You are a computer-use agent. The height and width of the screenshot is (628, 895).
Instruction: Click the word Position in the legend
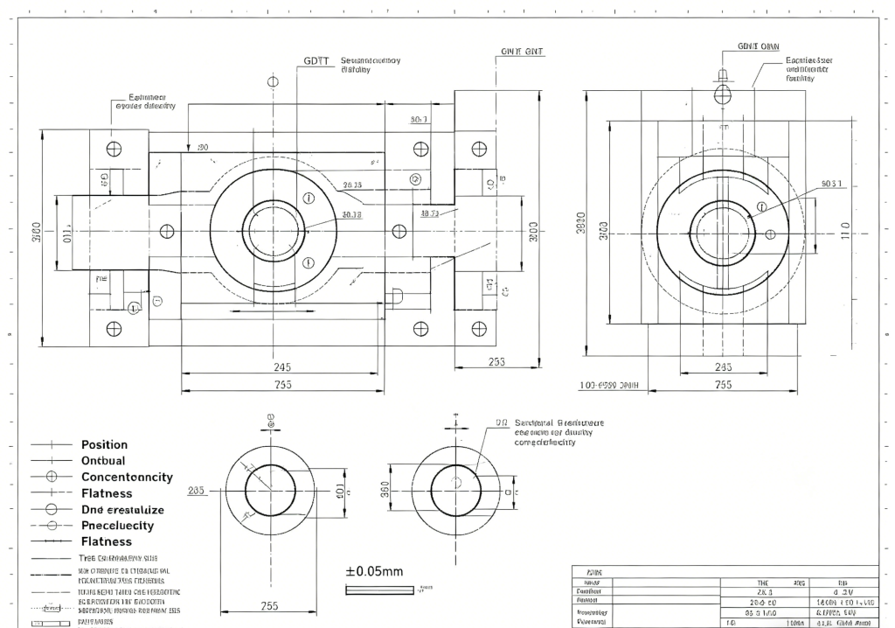[x=104, y=444]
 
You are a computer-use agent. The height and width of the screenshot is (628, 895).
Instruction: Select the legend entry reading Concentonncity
[x=127, y=477]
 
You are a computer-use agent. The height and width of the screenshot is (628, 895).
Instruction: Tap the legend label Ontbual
[x=103, y=460]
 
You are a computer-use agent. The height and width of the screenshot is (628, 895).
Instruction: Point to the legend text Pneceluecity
[x=117, y=525]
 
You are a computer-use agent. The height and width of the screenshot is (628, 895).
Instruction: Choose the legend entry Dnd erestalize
[x=122, y=509]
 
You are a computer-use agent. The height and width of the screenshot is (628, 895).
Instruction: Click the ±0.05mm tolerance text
[x=375, y=571]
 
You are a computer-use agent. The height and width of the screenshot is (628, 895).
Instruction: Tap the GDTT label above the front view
[x=316, y=61]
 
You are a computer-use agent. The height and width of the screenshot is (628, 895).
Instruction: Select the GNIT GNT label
[x=523, y=52]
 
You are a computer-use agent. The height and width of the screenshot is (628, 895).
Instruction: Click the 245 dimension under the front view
[x=281, y=366]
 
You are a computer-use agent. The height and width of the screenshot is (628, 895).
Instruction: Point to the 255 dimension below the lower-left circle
[x=270, y=605]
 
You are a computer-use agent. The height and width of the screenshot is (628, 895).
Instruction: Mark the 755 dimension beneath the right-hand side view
[x=724, y=384]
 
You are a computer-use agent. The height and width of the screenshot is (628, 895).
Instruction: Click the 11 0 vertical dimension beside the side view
[x=844, y=231]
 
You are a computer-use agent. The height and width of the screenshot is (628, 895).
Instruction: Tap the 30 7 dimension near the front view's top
[x=419, y=120]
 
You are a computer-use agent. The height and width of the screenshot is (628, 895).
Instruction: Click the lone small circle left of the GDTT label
[x=274, y=81]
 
